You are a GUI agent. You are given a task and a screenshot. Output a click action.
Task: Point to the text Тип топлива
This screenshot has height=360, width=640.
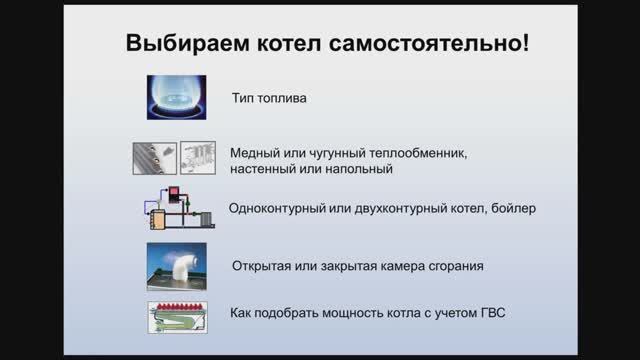click(267, 100)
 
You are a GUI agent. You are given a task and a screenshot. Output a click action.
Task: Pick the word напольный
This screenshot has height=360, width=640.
click(356, 170)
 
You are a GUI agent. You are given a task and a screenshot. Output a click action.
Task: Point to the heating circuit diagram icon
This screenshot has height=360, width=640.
click(175, 209)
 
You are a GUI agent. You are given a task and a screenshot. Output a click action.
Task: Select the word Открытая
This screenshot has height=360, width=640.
click(262, 266)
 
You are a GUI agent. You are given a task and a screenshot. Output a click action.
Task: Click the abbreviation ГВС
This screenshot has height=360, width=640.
click(491, 313)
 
